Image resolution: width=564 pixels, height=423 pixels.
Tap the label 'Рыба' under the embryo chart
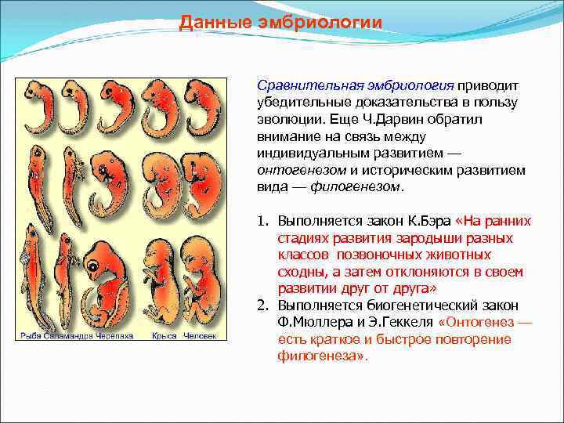(x=28, y=335)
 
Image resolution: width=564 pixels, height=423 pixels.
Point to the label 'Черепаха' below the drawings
(x=111, y=335)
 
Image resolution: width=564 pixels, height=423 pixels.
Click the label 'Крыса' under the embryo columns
(x=162, y=335)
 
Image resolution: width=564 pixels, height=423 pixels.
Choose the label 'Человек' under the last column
(x=199, y=335)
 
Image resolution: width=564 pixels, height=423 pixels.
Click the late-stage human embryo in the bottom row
(x=200, y=282)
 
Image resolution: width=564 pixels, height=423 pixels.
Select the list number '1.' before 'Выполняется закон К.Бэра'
(x=265, y=221)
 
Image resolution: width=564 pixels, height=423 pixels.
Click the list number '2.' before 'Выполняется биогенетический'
(x=265, y=305)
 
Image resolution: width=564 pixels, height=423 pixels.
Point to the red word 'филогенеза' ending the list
(x=320, y=356)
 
